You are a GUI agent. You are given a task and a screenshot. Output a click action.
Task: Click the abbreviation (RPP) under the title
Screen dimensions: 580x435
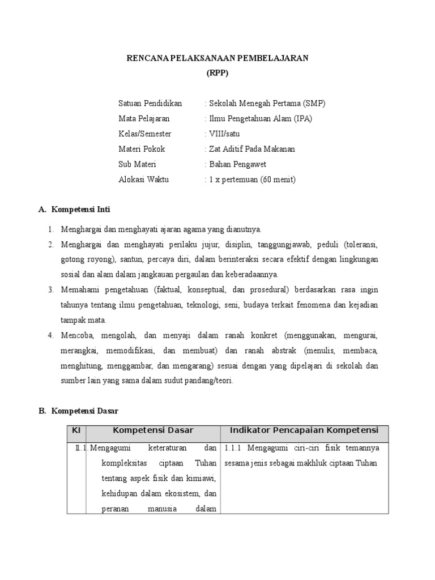(217, 74)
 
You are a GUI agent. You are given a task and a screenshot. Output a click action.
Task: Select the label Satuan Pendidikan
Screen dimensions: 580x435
(150, 104)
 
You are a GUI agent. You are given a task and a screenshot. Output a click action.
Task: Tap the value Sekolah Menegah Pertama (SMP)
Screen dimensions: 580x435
(265, 104)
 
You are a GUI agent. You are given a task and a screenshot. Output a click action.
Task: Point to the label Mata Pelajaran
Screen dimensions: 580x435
(144, 119)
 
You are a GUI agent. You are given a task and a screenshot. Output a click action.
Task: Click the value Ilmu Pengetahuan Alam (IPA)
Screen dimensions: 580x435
(258, 119)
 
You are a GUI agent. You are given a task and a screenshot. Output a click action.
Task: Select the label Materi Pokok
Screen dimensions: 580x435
(142, 150)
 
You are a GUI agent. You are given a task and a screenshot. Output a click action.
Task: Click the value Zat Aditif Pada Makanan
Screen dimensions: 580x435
(250, 150)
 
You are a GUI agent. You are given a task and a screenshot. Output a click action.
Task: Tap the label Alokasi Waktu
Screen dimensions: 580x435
(143, 180)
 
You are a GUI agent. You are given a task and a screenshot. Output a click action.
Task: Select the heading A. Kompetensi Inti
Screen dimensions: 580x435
(74, 210)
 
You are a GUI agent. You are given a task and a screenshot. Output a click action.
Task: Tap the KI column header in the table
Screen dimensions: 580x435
(76, 431)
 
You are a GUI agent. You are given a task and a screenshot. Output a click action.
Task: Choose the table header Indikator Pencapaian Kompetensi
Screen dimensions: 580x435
(304, 431)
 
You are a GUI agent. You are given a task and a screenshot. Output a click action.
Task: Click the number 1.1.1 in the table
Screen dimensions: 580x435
(233, 448)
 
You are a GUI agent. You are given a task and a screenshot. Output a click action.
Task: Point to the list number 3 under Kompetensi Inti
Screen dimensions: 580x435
(50, 290)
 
